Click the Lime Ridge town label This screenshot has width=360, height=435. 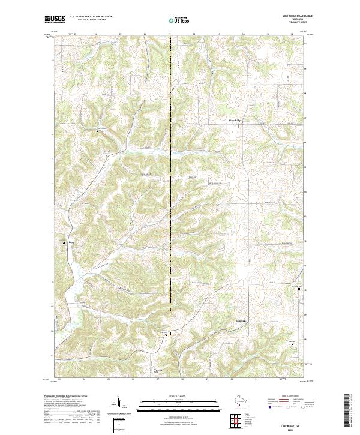(x=235, y=121)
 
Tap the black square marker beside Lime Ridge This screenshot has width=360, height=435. (x=243, y=123)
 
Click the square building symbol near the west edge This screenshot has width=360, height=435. (x=65, y=242)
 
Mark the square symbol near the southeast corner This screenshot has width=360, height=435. (x=292, y=344)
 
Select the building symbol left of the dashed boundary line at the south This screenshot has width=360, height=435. (x=166, y=335)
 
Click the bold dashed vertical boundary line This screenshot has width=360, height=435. (x=171, y=210)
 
